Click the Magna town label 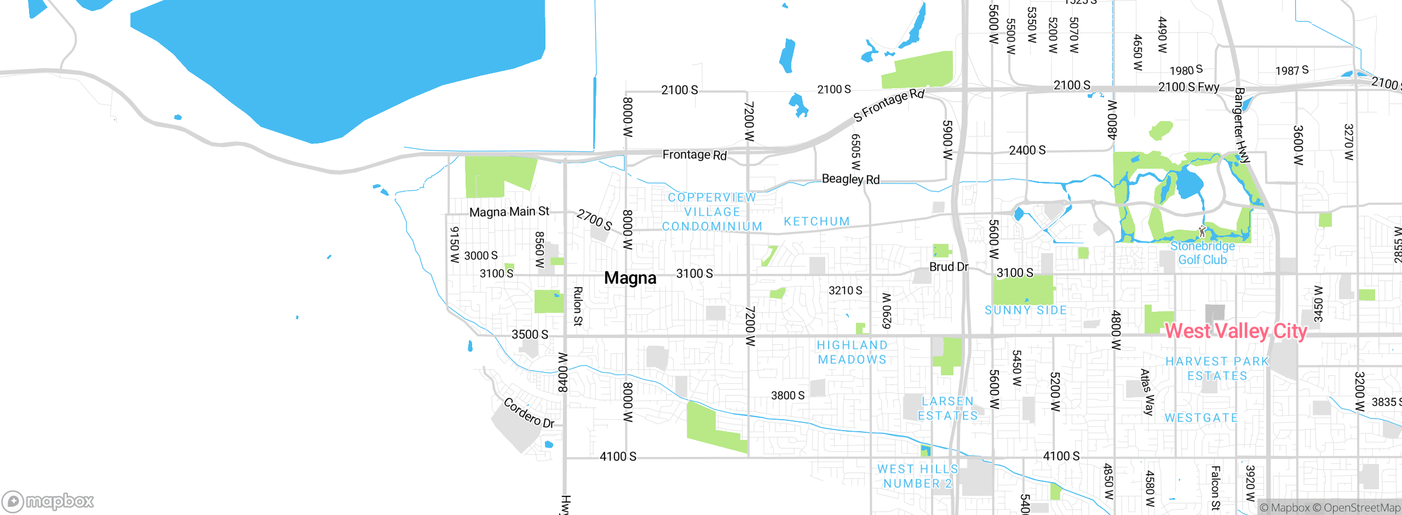(x=630, y=278)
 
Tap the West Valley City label (x=1236, y=331)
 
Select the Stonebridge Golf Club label (x=1203, y=253)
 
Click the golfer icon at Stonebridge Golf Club (x=1202, y=231)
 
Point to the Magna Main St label (x=509, y=211)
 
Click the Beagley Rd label (x=851, y=179)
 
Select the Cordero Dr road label (x=528, y=413)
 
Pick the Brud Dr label (x=949, y=267)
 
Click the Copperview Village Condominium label (x=712, y=212)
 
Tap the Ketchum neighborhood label (x=817, y=221)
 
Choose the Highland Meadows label (x=852, y=352)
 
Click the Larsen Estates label (x=947, y=409)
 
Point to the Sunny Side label (x=1026, y=310)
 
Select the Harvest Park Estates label (x=1217, y=369)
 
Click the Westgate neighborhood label (x=1201, y=417)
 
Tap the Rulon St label (x=577, y=306)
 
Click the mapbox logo (x=48, y=501)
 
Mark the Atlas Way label (x=1147, y=392)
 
